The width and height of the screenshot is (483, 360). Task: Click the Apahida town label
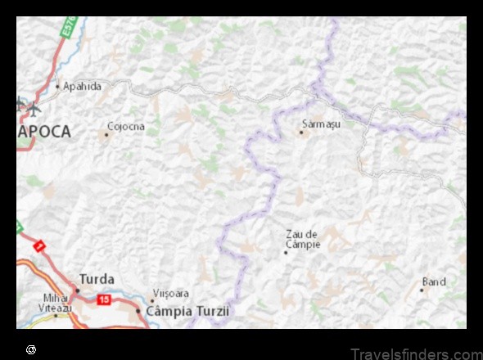[x=83, y=85]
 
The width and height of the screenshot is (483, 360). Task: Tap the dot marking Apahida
[x=57, y=86]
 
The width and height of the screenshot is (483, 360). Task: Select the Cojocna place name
[x=125, y=126]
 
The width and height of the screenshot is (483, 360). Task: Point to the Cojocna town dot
[x=106, y=133]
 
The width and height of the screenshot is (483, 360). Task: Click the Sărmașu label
[x=321, y=124]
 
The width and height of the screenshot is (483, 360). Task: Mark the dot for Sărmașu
[x=301, y=132]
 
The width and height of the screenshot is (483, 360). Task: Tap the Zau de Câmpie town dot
[x=285, y=252]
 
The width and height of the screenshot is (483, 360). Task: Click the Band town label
[x=434, y=281]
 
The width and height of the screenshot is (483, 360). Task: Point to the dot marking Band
[x=422, y=290]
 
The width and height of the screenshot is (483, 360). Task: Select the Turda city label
[x=97, y=279]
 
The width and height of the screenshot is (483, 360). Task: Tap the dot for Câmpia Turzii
[x=138, y=311]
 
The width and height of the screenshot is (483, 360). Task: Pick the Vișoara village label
[x=172, y=293]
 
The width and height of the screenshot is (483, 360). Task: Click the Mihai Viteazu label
[x=57, y=302]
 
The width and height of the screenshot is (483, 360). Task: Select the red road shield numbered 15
[x=104, y=299]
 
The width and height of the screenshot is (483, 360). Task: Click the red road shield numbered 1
[x=38, y=245]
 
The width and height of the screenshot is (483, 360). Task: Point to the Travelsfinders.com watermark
[x=416, y=353]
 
